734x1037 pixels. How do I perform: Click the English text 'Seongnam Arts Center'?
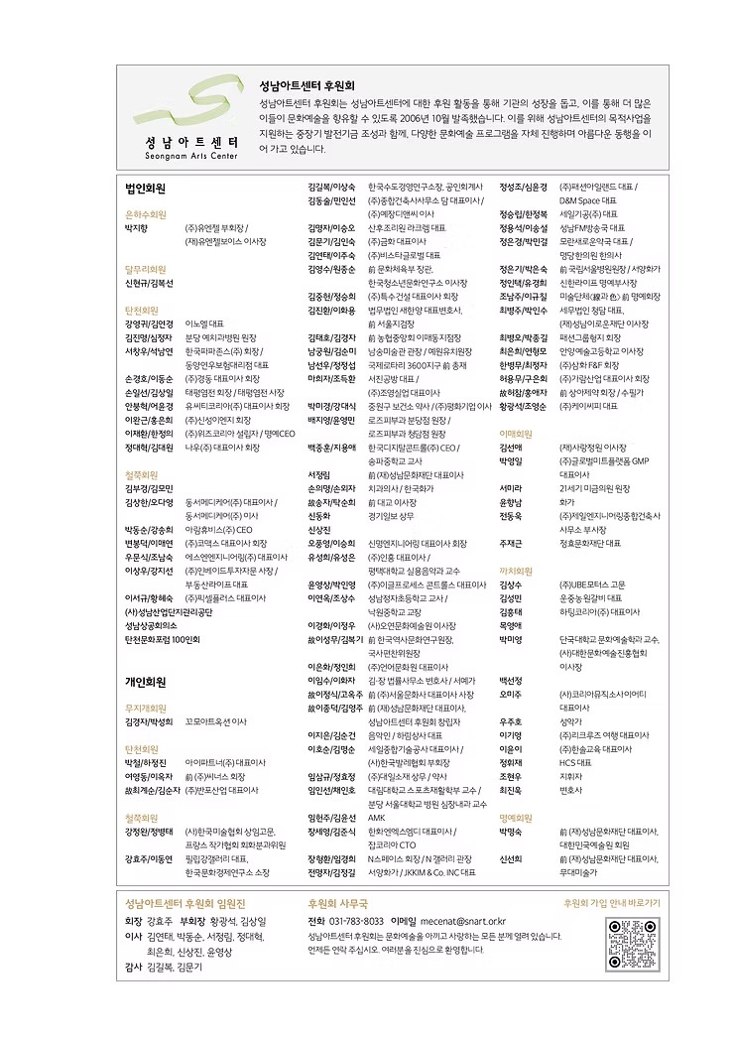(183, 156)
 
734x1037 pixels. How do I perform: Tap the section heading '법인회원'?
(145, 187)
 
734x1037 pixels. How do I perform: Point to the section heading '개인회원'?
(145, 682)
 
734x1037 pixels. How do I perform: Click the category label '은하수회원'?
(146, 213)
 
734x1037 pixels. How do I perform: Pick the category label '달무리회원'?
(146, 269)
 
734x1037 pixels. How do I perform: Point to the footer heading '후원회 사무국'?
(337, 903)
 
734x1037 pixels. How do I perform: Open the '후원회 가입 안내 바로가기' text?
(611, 903)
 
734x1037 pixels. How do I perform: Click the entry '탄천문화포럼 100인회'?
(163, 640)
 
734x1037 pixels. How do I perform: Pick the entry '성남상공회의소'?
(151, 626)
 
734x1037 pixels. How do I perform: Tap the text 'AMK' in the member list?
(376, 818)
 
